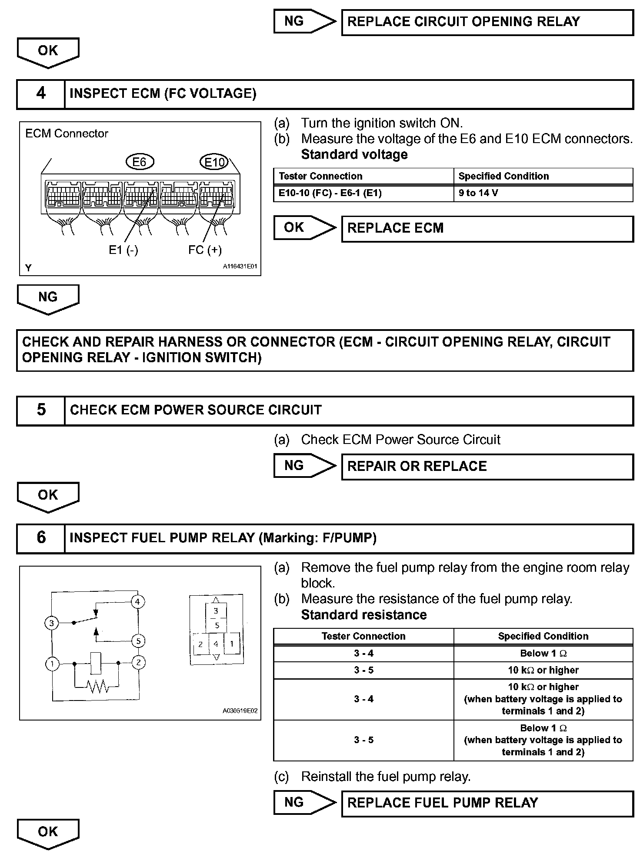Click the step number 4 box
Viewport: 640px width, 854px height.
(41, 93)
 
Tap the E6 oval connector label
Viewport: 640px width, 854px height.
(139, 162)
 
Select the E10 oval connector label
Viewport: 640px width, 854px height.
(214, 163)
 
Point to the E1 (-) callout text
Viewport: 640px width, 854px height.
(123, 250)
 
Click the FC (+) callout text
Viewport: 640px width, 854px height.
(205, 250)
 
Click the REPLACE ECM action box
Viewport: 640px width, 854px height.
(487, 228)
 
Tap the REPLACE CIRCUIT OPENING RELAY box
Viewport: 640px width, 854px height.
(487, 22)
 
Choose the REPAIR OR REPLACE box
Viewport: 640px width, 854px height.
(487, 467)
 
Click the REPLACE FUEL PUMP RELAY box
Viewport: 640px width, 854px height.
(487, 803)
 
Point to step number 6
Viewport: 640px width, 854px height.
(41, 538)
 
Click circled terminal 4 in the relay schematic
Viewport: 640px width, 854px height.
(138, 602)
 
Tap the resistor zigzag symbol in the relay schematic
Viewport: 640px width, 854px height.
(97, 687)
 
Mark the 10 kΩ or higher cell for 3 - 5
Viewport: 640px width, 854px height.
(543, 670)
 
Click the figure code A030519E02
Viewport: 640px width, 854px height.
(240, 711)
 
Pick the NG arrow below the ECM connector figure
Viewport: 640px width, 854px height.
(48, 299)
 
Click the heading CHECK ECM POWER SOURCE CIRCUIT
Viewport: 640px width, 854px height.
(196, 410)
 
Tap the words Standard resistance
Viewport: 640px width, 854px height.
(363, 615)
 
